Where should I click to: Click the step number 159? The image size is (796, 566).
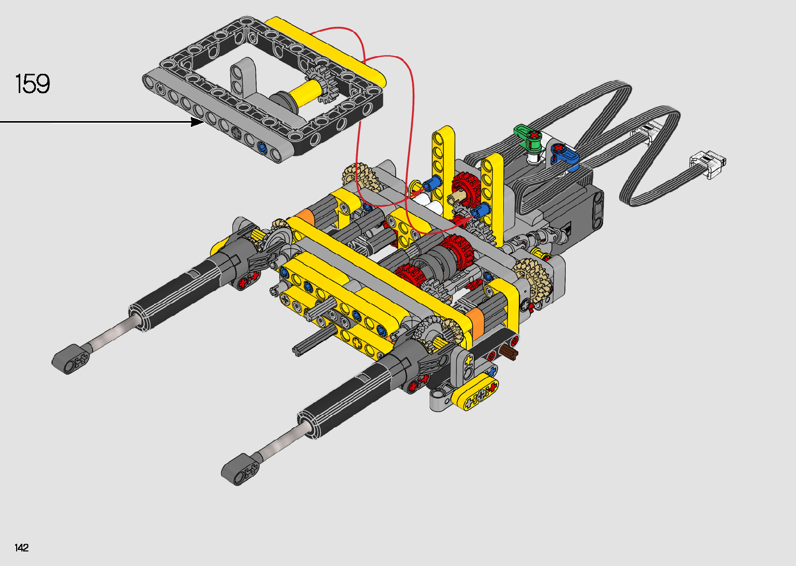(32, 84)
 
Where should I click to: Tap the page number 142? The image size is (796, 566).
(21, 547)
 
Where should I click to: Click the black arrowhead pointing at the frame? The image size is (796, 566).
(197, 122)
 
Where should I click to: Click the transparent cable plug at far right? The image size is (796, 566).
(707, 164)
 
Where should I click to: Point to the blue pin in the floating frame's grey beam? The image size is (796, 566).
(262, 147)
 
